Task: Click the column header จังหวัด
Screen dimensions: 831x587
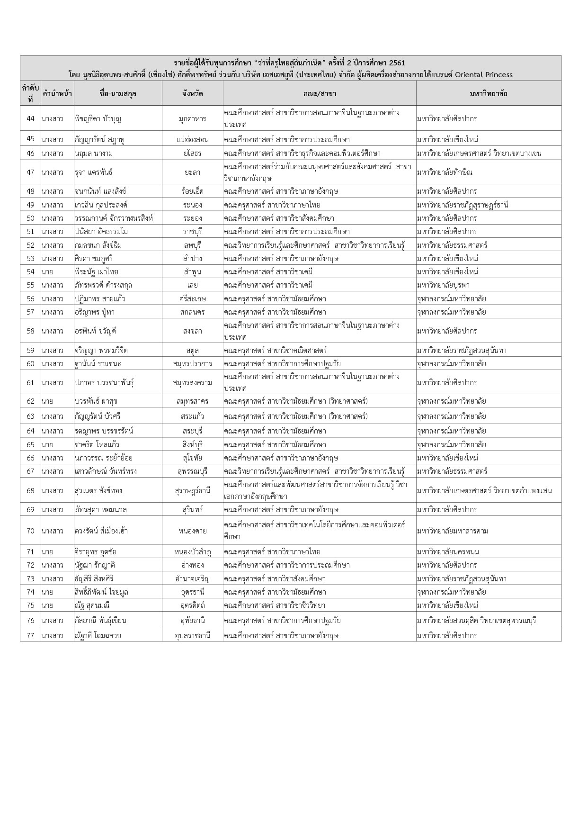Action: (192, 93)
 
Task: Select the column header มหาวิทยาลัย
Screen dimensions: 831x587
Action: (489, 93)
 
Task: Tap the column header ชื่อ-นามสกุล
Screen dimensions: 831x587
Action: (118, 93)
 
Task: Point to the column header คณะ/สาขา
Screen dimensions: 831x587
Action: (320, 93)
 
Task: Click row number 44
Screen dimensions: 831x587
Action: (30, 118)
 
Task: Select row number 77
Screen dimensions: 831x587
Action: (30, 635)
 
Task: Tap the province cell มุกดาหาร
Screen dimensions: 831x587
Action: (192, 118)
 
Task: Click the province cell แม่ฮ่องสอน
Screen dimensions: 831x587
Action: (192, 139)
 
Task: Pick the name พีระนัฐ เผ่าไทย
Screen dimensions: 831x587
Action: (97, 271)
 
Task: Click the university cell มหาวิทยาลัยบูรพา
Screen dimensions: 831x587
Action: (443, 285)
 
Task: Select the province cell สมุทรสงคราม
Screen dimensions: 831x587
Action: (192, 382)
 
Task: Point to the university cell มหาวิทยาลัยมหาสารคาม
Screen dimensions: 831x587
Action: (452, 531)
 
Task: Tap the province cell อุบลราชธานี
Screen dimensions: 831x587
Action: (192, 635)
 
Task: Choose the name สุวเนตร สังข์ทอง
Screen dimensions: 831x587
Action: (98, 490)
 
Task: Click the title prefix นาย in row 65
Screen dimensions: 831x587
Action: (47, 444)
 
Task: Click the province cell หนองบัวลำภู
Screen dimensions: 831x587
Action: (192, 551)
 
